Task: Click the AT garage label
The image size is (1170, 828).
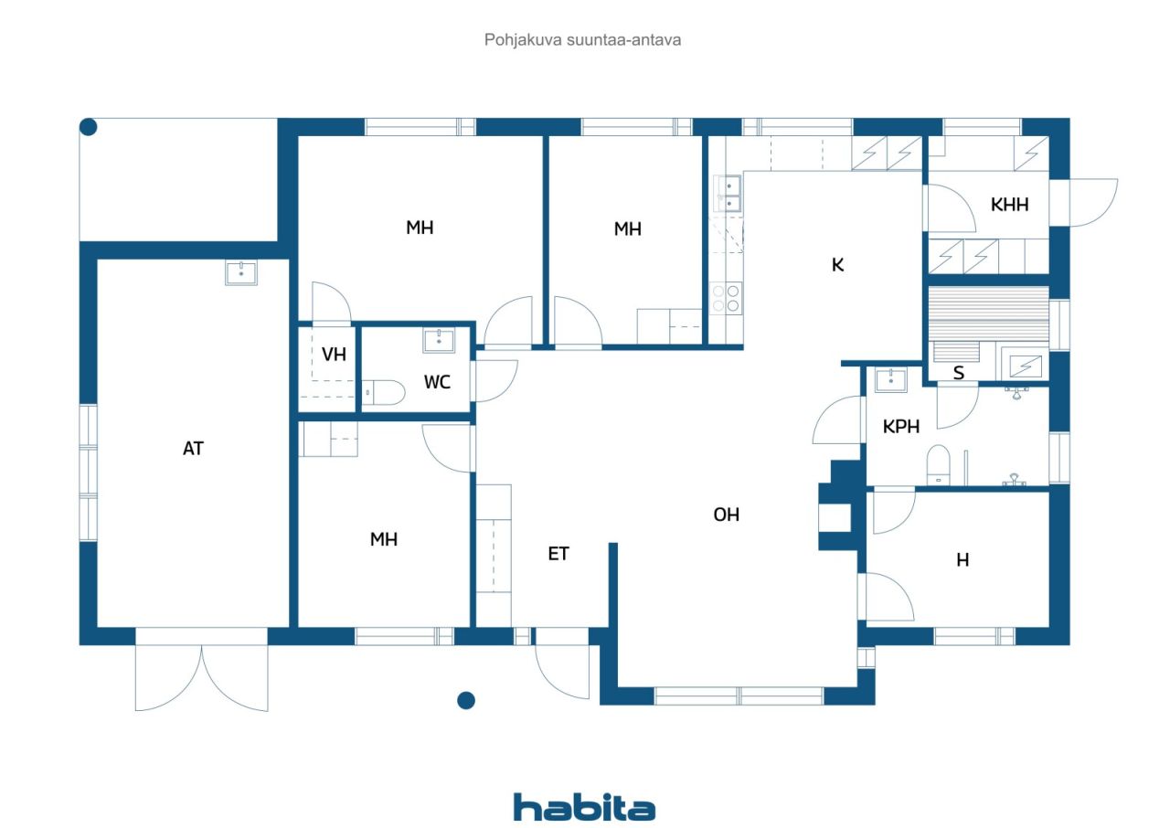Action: pos(193,449)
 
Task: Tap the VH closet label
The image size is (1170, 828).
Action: pos(334,355)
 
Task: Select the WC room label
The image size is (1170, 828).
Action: pos(437,382)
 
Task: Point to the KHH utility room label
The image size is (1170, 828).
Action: pos(1010,205)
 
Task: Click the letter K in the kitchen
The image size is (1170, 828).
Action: pos(838,265)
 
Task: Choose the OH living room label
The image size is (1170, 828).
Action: pos(727,515)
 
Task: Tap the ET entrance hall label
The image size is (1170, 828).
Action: pos(558,554)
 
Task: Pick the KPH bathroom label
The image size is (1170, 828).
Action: pos(901,427)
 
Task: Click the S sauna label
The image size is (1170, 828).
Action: pos(959,373)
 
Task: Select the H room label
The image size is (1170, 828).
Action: pos(963,560)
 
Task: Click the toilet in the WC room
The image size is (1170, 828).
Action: pos(383,393)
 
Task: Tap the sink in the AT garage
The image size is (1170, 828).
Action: pos(241,273)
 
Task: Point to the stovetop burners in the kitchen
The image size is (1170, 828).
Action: pos(726,298)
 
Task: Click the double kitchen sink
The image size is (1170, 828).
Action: pos(728,193)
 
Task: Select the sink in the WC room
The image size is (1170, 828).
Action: pos(440,340)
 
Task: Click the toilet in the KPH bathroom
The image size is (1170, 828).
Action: pos(938,464)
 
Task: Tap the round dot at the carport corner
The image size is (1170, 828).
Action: pos(89,127)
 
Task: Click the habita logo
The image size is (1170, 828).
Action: pos(584,807)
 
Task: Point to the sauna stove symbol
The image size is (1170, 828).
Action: pos(1026,366)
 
